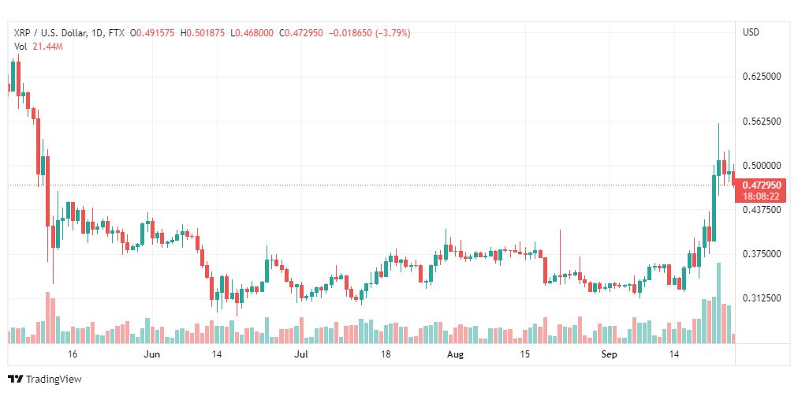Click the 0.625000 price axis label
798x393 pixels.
[762, 77]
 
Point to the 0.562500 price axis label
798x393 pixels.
[762, 122]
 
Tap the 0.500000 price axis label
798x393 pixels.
[762, 166]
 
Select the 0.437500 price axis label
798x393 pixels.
[762, 210]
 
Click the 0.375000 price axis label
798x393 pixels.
[762, 254]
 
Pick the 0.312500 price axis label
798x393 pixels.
[762, 298]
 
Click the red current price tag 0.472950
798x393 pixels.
[762, 185]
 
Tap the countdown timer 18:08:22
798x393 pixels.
[762, 195]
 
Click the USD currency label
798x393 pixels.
[751, 32]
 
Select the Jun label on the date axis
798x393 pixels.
[151, 354]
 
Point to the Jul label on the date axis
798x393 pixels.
[301, 354]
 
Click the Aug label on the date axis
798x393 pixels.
[455, 354]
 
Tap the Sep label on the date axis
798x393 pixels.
[609, 354]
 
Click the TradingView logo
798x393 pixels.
[45, 380]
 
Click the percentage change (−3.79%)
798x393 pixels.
[393, 33]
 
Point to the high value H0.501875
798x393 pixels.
[205, 33]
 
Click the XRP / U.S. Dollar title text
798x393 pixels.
[48, 33]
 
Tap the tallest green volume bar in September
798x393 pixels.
[718, 303]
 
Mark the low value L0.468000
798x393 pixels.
[252, 33]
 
